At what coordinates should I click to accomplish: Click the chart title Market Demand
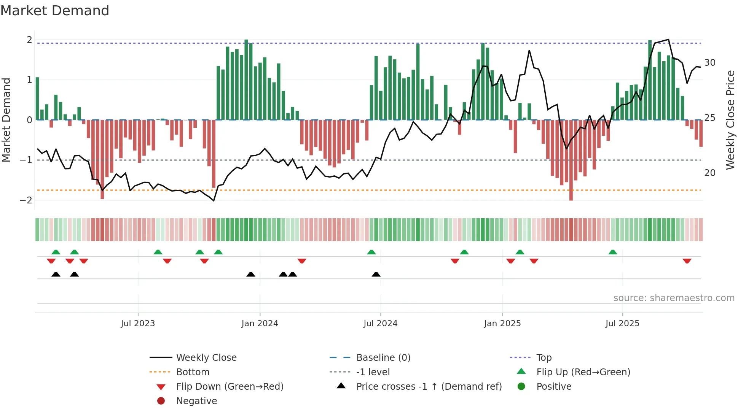coord(55,11)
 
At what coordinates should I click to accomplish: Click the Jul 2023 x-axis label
coord(138,324)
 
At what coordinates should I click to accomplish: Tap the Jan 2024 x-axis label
coord(260,324)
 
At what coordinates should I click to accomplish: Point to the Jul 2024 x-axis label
coord(380,324)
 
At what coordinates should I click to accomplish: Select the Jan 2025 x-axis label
coord(502,324)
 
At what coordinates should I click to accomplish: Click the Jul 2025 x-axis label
coord(622,324)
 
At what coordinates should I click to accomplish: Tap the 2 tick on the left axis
coord(29,40)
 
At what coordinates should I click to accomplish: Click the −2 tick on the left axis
coord(26,200)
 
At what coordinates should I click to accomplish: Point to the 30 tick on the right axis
coord(710,63)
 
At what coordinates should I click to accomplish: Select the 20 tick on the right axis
coord(710,173)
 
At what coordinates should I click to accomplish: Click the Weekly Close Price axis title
coord(730,120)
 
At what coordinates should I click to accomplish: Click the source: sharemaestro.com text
coord(674,298)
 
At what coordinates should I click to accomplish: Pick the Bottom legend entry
coord(193,372)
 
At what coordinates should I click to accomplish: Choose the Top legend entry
coord(544,358)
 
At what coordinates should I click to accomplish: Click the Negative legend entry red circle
coord(161,401)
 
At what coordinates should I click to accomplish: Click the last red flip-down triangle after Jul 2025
coord(687,261)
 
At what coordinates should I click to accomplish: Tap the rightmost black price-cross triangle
coord(376,275)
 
